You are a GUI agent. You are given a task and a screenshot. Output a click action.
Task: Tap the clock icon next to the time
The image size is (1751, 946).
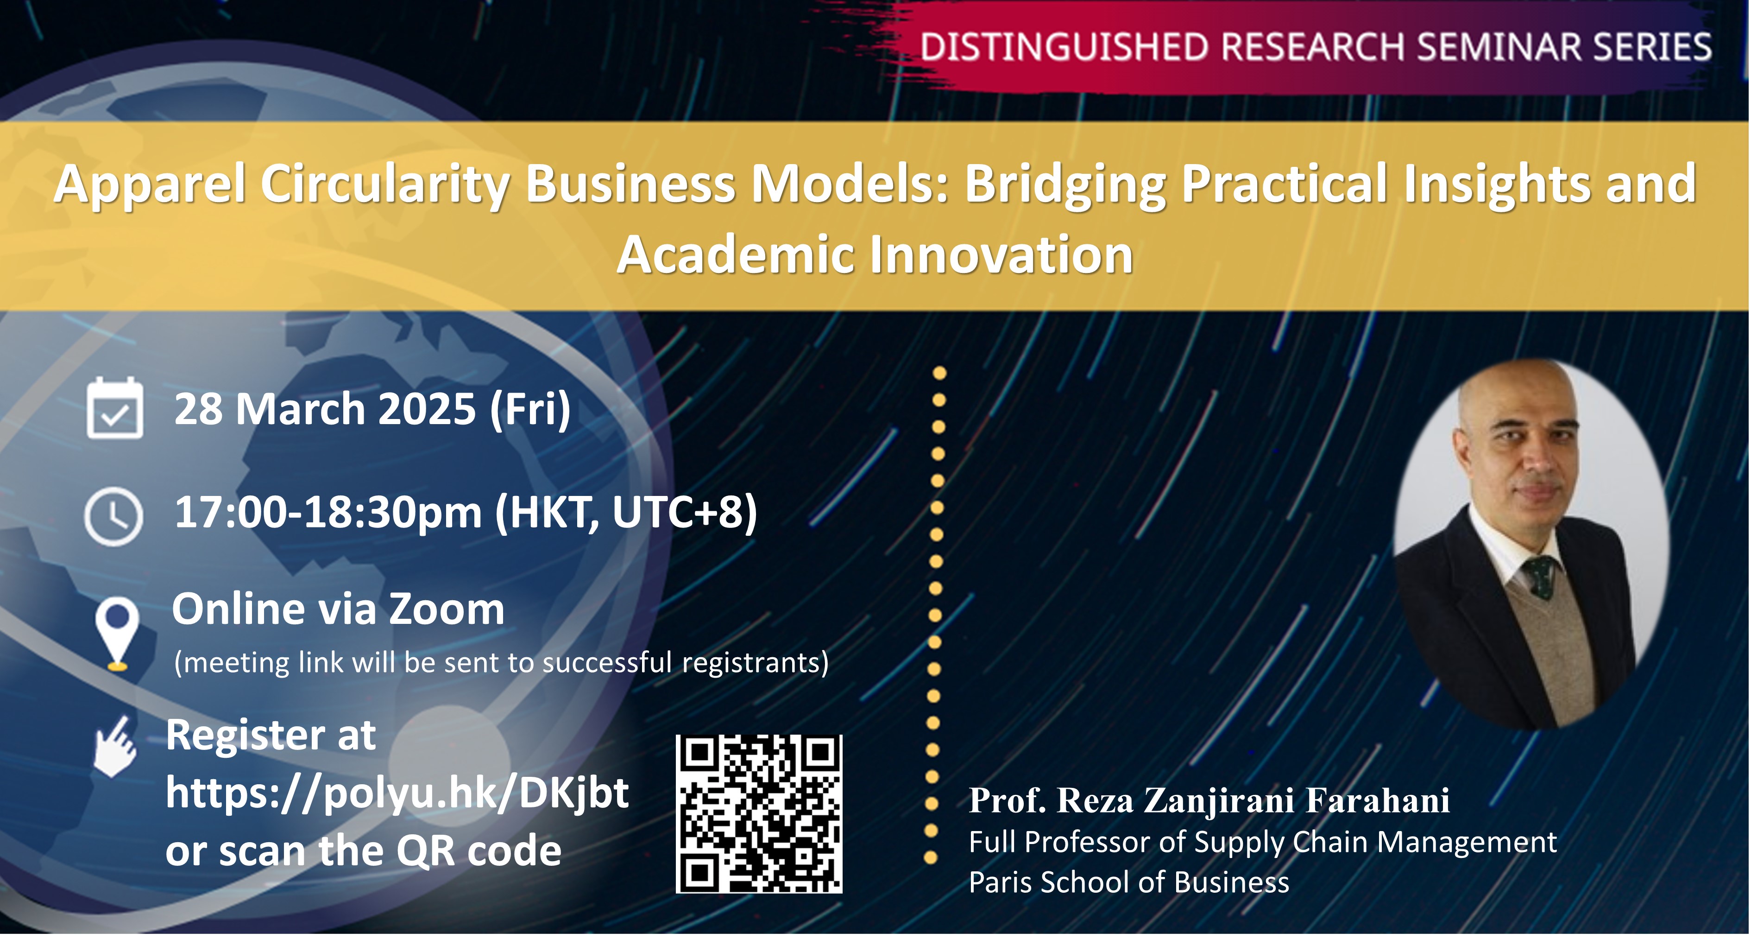[x=113, y=516]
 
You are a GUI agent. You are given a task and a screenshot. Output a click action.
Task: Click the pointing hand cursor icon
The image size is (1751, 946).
[x=115, y=746]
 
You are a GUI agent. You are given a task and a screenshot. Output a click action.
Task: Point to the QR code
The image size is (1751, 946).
[x=759, y=814]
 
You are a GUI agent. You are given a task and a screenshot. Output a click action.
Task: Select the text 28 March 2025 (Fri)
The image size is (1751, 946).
[x=372, y=409]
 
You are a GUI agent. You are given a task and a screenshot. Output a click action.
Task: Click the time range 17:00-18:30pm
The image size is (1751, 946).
[x=328, y=512]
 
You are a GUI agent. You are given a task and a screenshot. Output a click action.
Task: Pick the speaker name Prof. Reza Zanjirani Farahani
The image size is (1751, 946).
[x=1209, y=800]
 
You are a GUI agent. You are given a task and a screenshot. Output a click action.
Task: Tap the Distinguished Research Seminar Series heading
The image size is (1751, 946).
[x=1316, y=48]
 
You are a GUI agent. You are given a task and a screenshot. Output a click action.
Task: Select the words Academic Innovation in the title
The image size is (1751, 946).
[x=875, y=255]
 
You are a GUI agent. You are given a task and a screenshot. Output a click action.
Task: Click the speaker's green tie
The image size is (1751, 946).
[x=1540, y=577]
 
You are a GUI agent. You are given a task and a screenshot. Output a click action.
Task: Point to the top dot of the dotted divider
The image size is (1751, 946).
[x=940, y=373]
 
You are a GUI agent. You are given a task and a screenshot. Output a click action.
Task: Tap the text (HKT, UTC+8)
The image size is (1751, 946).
[x=626, y=512]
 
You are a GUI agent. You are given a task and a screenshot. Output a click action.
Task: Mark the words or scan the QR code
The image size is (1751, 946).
[x=364, y=851]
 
